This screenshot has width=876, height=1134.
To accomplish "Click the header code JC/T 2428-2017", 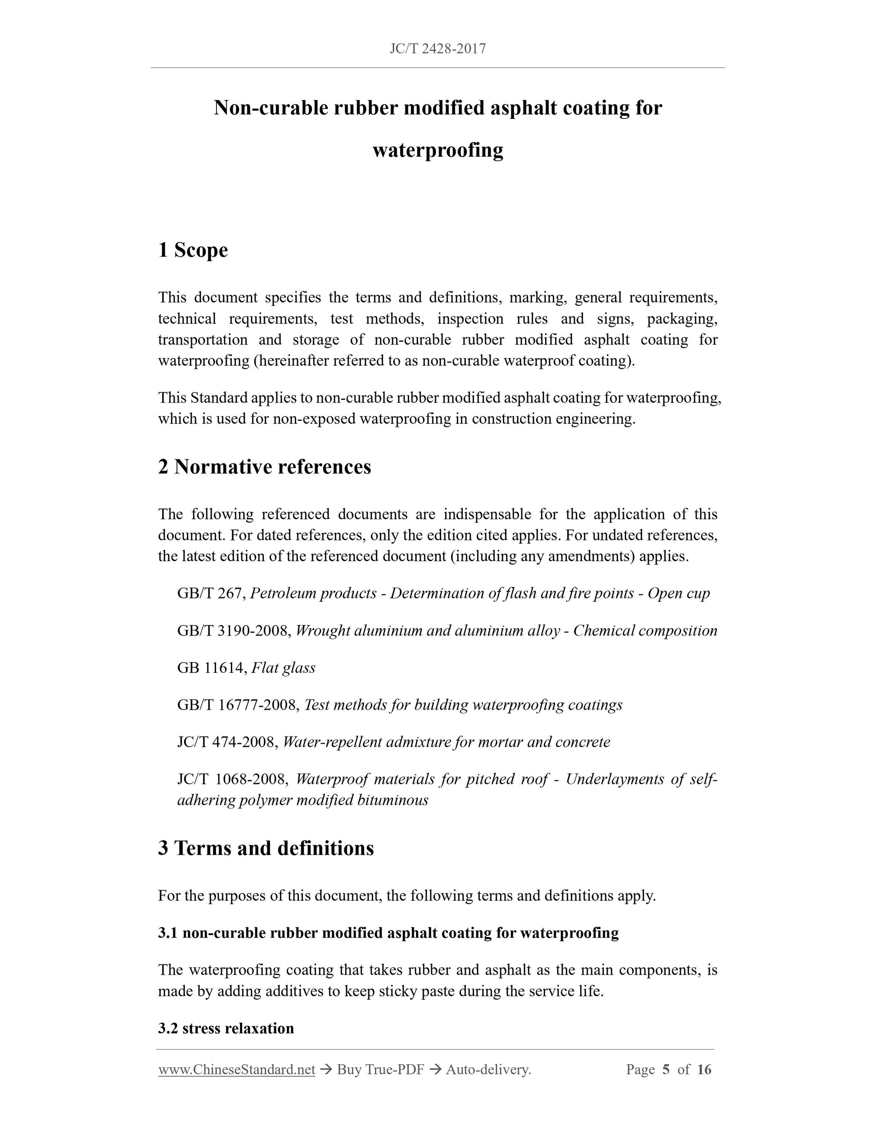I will coord(438,49).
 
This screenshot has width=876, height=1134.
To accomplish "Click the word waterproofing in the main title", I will coord(438,150).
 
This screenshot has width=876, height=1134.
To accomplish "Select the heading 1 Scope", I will coord(193,250).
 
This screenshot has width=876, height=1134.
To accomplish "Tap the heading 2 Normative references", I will coord(264,467).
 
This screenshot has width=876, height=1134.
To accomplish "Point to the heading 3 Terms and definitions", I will coord(266,848).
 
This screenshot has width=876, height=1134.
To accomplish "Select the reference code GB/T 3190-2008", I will coord(234,631).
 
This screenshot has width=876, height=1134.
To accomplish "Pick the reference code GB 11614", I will coord(210,668).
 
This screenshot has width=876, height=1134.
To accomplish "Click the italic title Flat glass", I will coord(283,668).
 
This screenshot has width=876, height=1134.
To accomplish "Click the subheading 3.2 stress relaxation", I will coord(226,1028).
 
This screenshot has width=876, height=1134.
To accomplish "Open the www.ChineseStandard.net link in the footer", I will coord(237,1070).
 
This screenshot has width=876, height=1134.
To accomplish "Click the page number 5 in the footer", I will coord(666,1070).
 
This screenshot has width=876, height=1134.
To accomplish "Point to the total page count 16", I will coord(704,1070).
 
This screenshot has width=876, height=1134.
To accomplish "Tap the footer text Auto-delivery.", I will coord(488,1070).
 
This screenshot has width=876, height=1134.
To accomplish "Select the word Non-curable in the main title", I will coord(271,108).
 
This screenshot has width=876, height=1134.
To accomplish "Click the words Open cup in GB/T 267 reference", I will coord(678,594).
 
